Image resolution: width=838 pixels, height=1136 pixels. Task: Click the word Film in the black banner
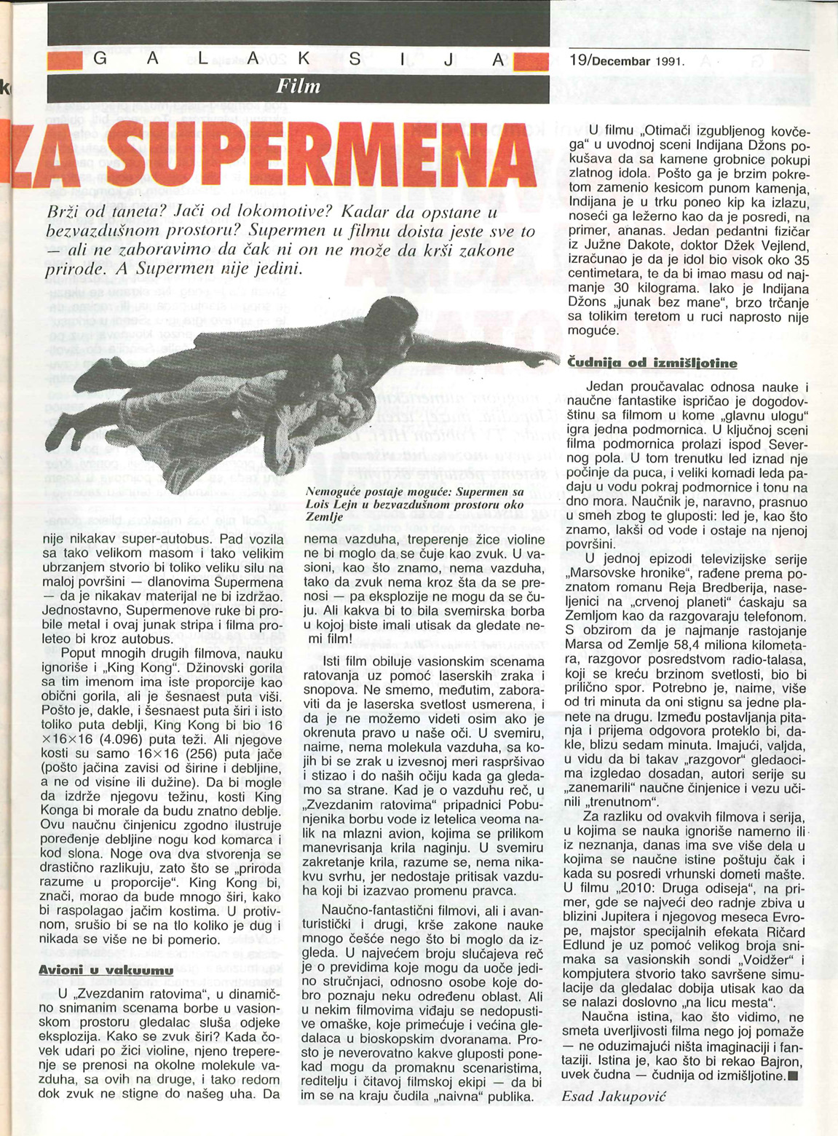click(299, 87)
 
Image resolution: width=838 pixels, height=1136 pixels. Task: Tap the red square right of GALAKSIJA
click(531, 63)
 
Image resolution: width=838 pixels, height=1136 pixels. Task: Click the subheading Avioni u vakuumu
click(105, 970)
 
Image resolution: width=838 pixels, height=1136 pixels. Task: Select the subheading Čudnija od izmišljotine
click(652, 363)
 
